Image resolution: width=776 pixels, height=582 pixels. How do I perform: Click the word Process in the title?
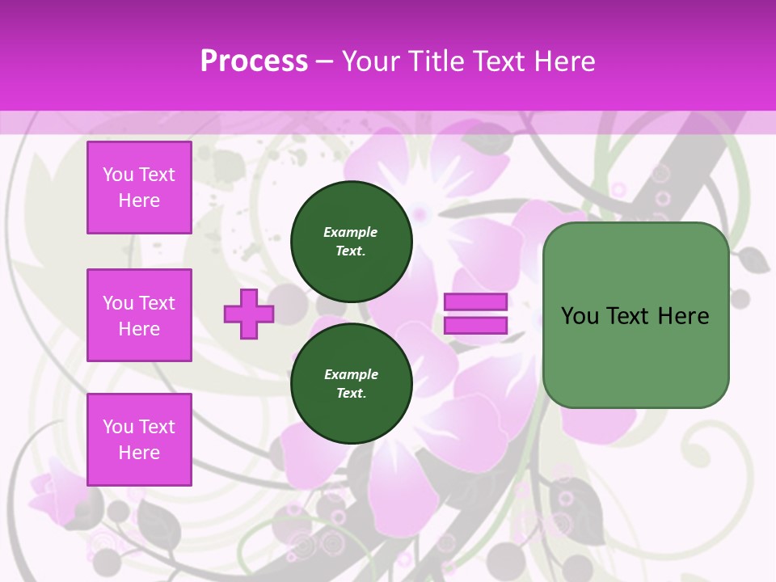[254, 61]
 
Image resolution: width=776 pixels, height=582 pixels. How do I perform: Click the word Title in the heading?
[436, 61]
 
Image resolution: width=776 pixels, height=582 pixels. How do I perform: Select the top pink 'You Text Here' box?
[139, 188]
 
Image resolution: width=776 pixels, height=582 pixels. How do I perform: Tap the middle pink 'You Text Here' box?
[139, 315]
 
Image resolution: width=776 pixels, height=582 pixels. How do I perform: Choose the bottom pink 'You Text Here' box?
[139, 440]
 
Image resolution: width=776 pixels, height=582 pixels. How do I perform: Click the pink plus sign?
[249, 314]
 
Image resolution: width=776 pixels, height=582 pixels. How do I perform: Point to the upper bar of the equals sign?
[475, 302]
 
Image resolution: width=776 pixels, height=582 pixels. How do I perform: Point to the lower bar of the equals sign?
[475, 325]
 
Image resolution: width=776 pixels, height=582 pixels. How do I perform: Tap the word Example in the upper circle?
[351, 232]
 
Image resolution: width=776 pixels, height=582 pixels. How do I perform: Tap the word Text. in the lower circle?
[351, 393]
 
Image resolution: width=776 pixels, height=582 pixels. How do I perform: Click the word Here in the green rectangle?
[683, 315]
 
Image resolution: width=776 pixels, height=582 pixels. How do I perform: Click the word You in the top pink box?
[118, 175]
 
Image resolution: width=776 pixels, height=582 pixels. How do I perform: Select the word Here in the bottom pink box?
[139, 453]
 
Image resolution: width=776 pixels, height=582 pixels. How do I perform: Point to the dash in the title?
[325, 61]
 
